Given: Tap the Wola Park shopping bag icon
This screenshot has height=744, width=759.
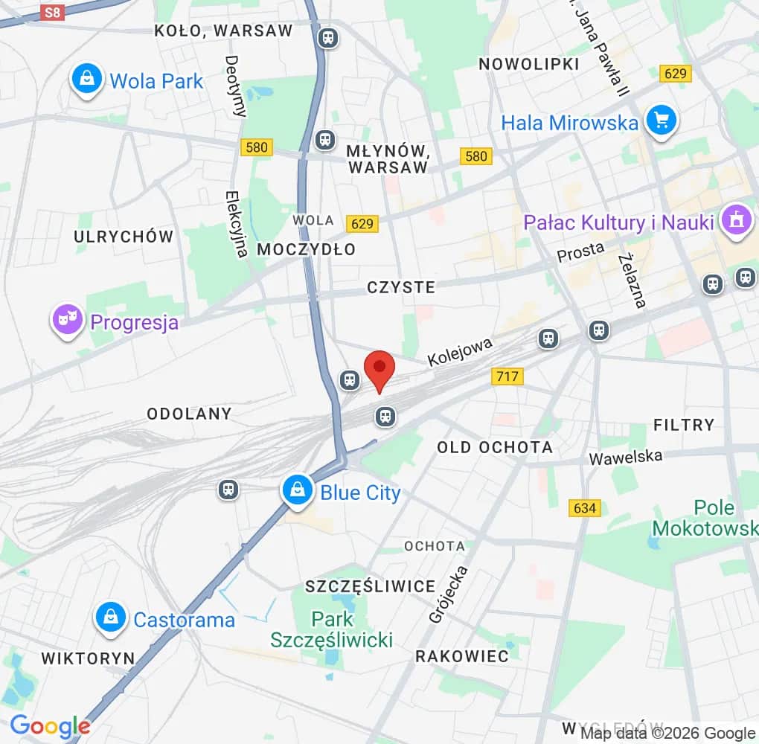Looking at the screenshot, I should (x=87, y=79).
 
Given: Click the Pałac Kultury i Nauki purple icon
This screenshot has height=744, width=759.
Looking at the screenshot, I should (x=737, y=221).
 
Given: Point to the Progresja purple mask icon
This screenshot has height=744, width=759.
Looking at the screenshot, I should (x=68, y=321).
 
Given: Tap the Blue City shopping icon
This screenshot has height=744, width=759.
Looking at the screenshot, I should (x=298, y=491).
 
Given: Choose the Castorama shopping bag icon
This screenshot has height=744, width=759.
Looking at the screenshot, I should (x=111, y=618).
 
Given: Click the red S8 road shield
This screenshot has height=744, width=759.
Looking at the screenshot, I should (x=51, y=13).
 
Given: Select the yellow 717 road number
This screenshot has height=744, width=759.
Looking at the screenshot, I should (x=507, y=376).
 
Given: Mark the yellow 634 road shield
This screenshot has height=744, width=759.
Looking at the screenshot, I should (x=584, y=508).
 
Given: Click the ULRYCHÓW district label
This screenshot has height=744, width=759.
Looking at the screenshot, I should (x=124, y=237).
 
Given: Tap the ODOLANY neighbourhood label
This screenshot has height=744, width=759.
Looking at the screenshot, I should (x=189, y=413).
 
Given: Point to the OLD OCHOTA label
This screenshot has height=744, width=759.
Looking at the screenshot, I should (x=495, y=447).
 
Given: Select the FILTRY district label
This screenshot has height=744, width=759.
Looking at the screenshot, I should (x=683, y=425).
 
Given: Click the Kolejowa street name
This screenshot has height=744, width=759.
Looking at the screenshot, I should (x=460, y=352).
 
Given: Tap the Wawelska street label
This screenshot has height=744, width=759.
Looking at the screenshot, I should (x=625, y=456).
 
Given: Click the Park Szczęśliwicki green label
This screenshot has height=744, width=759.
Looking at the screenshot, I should (x=332, y=629).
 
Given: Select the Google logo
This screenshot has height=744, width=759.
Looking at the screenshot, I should (x=50, y=726).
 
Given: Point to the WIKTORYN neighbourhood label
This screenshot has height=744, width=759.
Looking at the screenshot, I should (x=88, y=658).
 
